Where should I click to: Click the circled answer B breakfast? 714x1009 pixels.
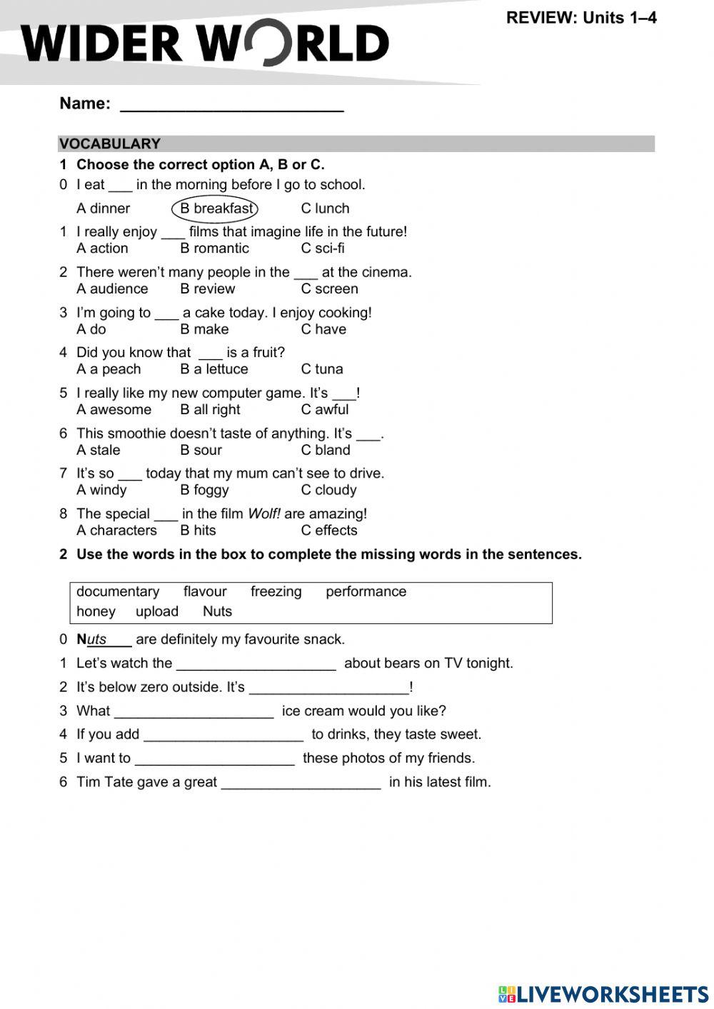pos(215,209)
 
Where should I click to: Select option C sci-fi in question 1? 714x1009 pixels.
pos(323,249)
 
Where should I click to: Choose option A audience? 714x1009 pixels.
pos(112,289)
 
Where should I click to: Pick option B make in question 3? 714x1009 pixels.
pos(204,329)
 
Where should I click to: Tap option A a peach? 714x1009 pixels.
pos(109,369)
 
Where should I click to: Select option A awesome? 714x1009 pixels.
pos(114,410)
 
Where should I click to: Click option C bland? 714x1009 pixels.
pos(326,450)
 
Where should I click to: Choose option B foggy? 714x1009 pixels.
pos(204,490)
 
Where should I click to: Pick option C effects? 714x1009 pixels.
pos(328,531)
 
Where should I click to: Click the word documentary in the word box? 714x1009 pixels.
pos(118,592)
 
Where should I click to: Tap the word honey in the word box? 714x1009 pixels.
pos(96,612)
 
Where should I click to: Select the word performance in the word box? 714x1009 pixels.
pos(366,592)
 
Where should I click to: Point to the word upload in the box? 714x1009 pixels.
pos(157,612)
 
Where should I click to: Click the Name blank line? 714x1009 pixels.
pos(232,106)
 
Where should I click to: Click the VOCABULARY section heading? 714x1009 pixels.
pos(110,144)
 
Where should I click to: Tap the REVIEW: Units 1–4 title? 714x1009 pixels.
pos(581,18)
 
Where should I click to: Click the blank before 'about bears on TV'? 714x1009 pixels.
pos(256,665)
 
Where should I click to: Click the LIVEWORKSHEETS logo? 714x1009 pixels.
pos(603,994)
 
